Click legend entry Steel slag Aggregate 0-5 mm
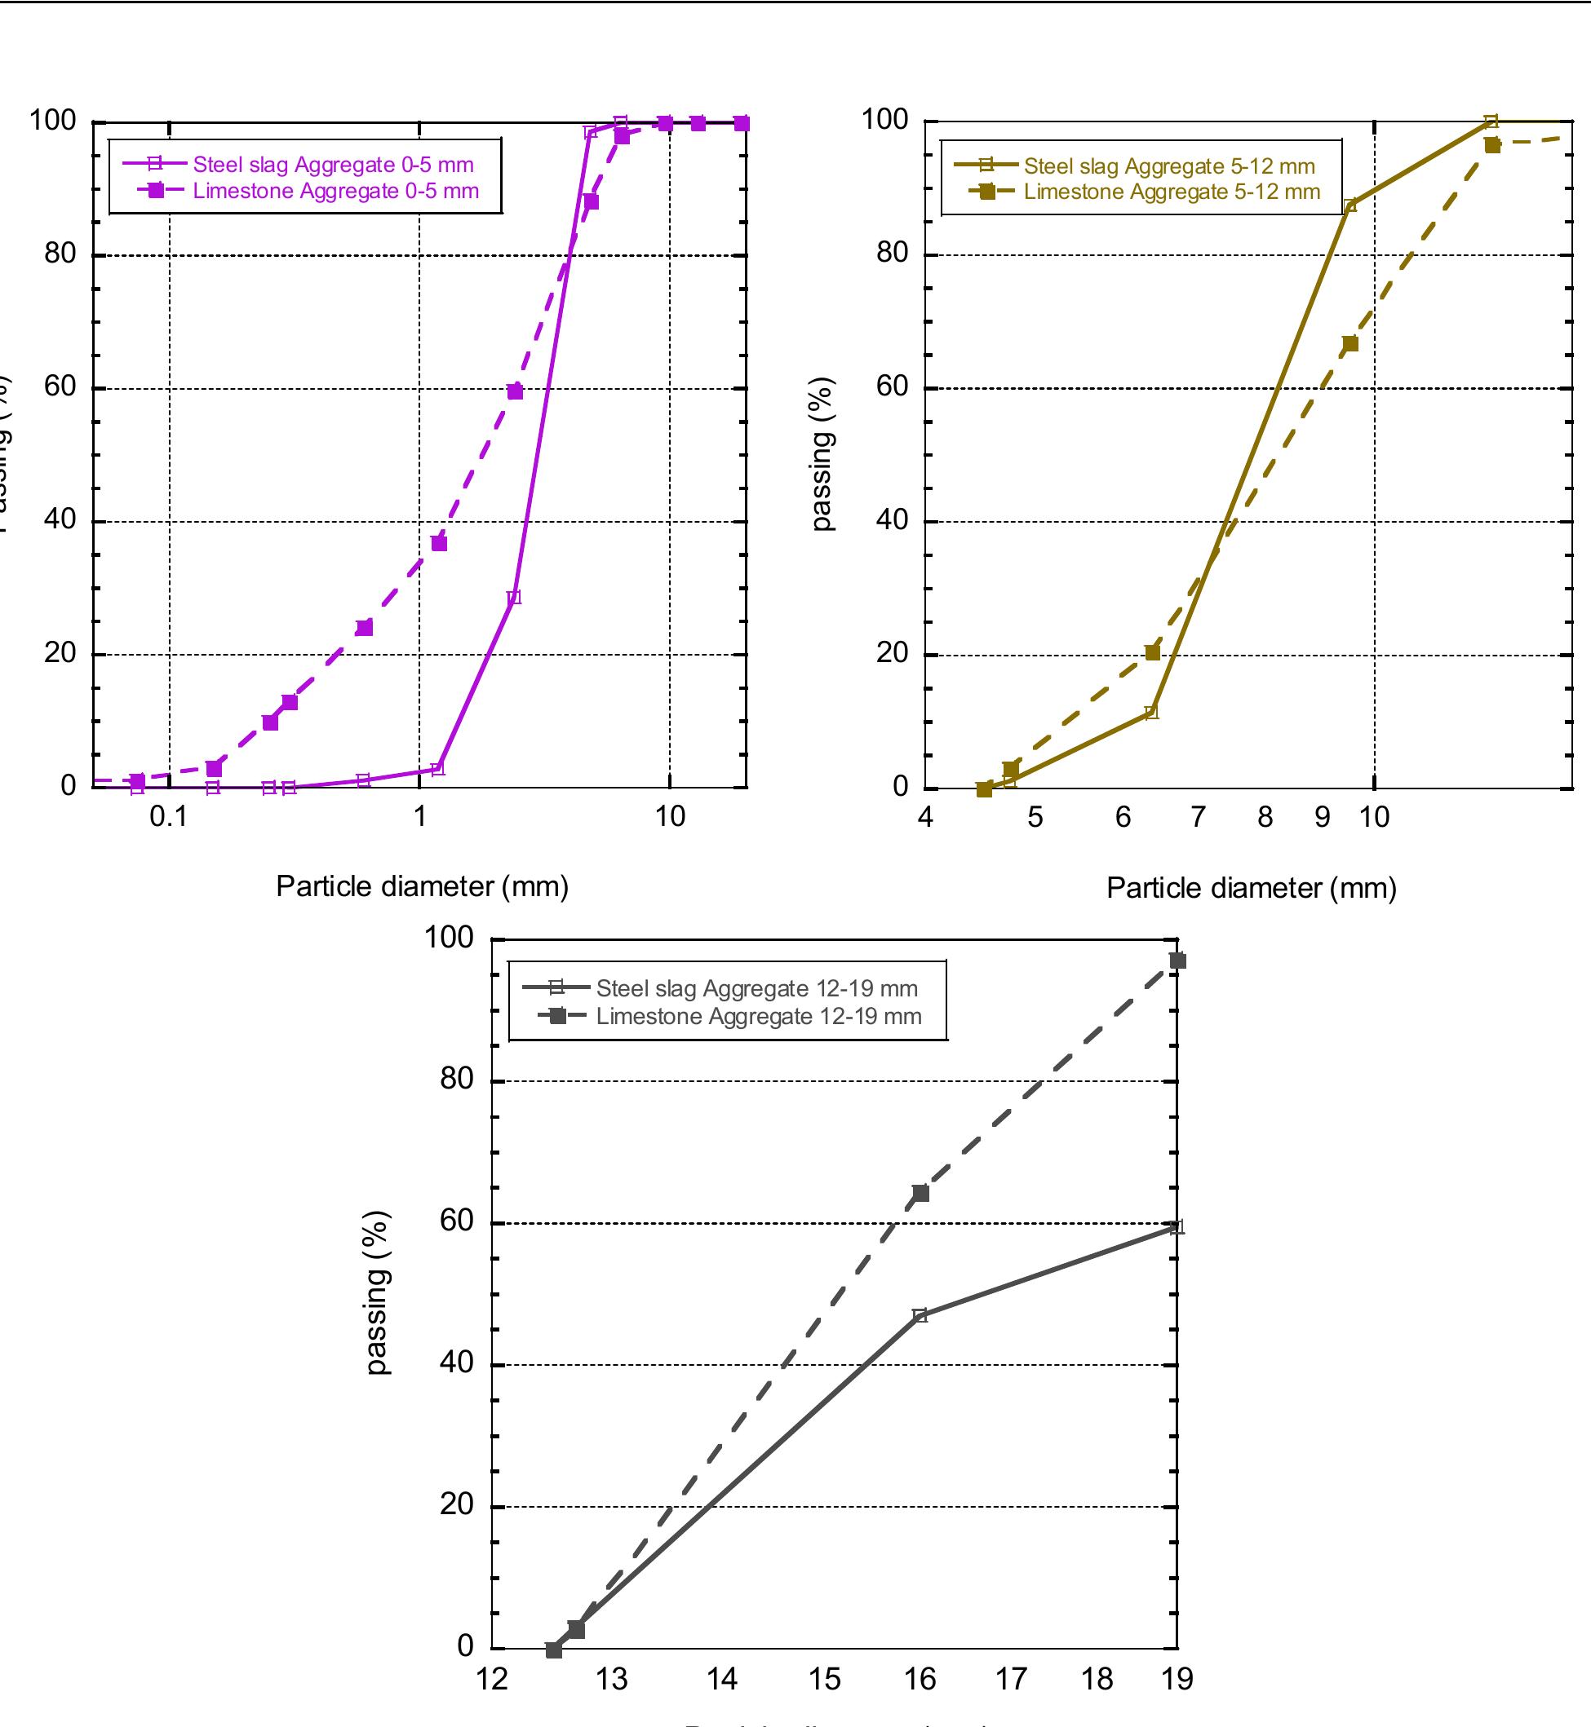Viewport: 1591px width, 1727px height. coord(333,165)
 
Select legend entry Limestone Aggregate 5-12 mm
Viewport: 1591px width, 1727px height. coord(1171,192)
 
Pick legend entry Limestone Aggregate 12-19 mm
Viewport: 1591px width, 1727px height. coord(759,1016)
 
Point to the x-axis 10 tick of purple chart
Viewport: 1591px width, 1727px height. coord(670,816)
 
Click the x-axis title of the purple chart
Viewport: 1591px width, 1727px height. coord(422,886)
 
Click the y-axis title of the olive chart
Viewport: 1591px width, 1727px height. coord(822,453)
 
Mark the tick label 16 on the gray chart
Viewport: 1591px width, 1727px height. coord(920,1679)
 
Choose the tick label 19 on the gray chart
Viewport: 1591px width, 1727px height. coord(1177,1679)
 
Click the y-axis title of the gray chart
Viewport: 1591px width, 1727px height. coord(377,1292)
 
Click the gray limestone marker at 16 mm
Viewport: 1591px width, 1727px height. coord(920,1193)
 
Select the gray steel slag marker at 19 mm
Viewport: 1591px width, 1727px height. coord(1177,1227)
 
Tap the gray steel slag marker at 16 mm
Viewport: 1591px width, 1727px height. coord(920,1315)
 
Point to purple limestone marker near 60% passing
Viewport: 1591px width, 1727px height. coord(515,391)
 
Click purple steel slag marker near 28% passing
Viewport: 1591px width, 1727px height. coord(514,598)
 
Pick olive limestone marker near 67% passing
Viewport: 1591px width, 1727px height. coord(1350,343)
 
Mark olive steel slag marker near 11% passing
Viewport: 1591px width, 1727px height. coord(1151,713)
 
